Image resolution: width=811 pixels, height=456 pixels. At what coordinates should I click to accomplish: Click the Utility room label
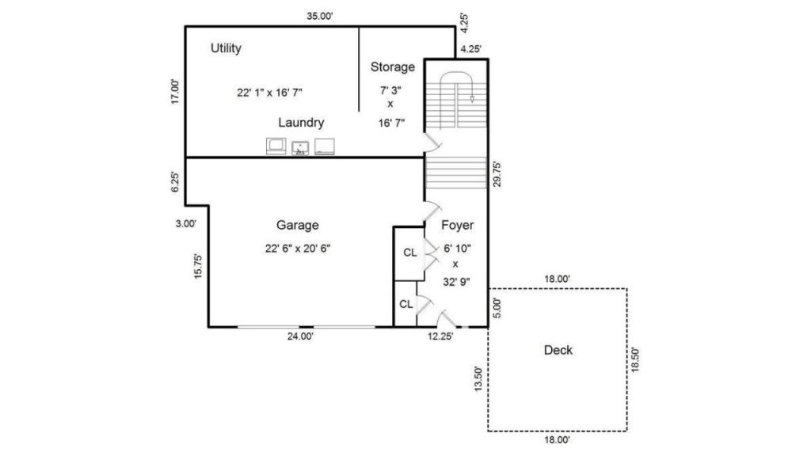pos(226,48)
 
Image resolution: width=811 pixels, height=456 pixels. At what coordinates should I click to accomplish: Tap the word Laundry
pos(301,123)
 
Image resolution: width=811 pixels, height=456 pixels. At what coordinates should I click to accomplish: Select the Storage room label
pos(393,66)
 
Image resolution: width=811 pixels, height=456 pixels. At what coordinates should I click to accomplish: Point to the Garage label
pos(298,225)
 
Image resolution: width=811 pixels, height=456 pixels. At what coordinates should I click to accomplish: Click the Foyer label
pos(457,226)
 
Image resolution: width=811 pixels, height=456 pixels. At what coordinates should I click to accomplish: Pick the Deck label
pos(558,350)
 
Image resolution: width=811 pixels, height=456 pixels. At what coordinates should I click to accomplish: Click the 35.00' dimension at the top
pos(320,16)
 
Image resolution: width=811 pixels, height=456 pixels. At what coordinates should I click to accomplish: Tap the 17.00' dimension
pos(175,92)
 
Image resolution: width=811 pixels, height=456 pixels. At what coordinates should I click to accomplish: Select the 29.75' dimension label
pos(497,174)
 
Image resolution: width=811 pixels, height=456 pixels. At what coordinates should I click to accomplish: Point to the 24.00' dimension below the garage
pos(300,336)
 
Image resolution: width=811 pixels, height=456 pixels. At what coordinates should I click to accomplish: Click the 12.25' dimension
pos(440,336)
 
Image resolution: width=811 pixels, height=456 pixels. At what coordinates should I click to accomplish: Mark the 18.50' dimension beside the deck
pos(635,359)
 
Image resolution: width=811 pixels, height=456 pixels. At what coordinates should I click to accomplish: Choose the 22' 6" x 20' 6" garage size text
pos(298,248)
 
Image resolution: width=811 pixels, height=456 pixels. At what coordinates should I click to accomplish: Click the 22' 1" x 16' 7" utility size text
pos(269,93)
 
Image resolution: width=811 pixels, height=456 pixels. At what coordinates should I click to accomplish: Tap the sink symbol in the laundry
pos(300,148)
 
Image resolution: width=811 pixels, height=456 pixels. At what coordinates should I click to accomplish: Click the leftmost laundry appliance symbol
pos(276,146)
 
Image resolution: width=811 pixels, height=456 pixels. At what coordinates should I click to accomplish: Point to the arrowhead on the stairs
pos(472,99)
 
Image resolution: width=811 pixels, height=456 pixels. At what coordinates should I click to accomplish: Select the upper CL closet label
pos(410,253)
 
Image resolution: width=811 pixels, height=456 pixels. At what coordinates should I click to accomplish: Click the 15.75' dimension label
pos(198,266)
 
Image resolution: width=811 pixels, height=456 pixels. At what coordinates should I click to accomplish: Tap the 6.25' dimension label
pos(175,182)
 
